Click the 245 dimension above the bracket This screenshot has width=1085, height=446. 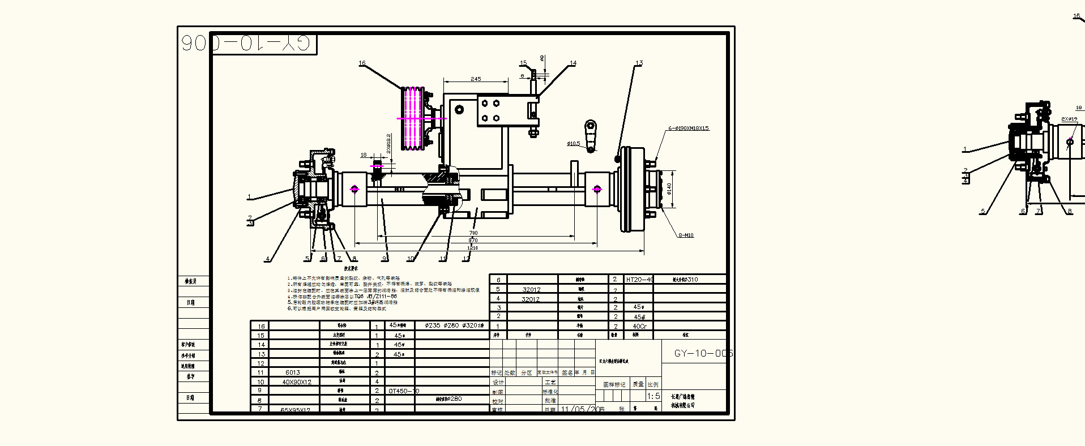(476, 79)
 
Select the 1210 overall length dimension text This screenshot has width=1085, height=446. (472, 248)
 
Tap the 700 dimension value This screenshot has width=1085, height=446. (473, 233)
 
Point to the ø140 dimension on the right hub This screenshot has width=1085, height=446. (669, 188)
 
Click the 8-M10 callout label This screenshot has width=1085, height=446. (686, 235)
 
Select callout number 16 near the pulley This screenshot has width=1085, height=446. (362, 63)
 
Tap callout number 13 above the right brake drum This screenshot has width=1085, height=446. (639, 63)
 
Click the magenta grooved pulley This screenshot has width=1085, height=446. (412, 118)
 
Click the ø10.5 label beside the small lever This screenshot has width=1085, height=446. (573, 144)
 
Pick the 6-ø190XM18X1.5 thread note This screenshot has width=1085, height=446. (688, 128)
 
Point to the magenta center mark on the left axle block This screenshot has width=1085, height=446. (354, 189)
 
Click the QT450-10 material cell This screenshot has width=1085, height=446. (403, 391)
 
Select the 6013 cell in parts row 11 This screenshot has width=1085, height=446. (293, 372)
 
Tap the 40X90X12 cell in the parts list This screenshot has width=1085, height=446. (297, 382)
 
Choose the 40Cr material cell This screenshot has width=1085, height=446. (639, 327)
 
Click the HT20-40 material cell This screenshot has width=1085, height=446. (639, 280)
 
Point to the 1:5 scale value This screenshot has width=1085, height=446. (653, 396)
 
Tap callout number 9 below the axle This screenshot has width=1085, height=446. (385, 259)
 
